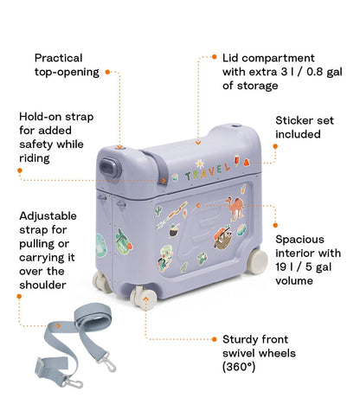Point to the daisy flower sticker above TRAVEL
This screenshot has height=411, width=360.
(x=198, y=160)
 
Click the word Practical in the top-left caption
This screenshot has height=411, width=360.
(x=59, y=58)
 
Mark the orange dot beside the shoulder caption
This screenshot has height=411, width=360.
(x=18, y=295)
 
